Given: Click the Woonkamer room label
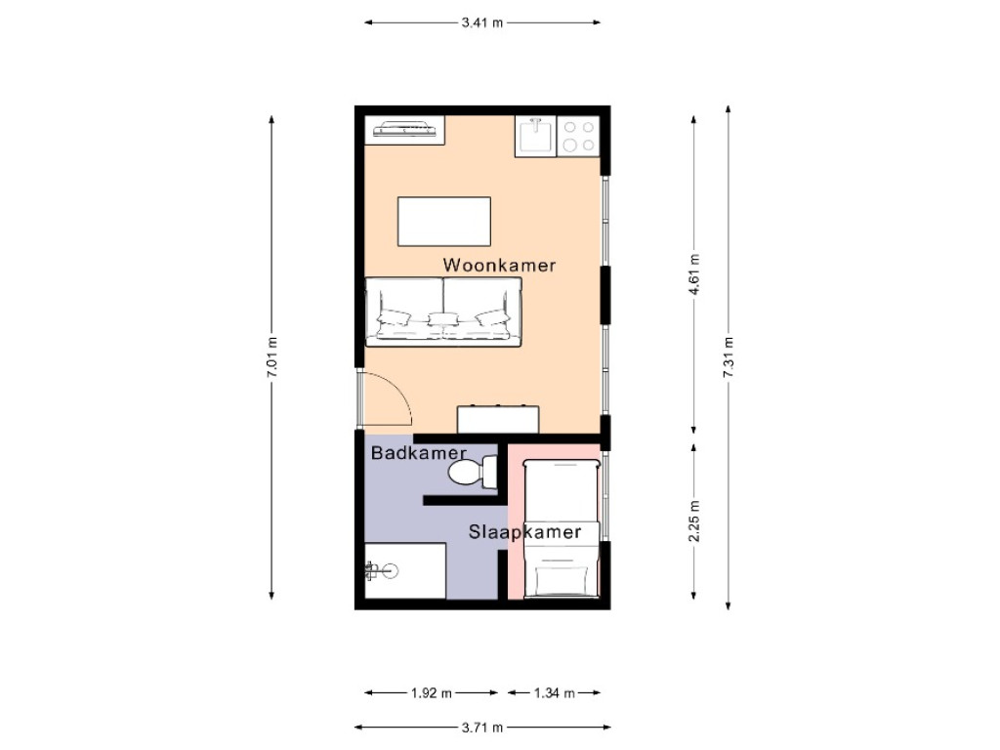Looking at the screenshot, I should point(499,265).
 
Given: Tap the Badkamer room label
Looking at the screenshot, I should point(419,454).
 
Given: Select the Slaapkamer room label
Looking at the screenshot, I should point(524,532).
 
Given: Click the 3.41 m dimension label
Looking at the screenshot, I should point(482,22).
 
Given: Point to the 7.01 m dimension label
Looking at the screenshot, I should point(271,357).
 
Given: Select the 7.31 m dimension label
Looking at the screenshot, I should point(729,357).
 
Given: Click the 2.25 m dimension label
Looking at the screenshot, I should point(693,521).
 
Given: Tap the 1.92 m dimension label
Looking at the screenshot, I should point(431,693).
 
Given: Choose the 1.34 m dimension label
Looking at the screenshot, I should point(554,693).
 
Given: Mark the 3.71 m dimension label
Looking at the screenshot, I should point(482,728).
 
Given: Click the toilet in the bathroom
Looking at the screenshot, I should point(472,474).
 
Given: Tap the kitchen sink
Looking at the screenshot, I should point(535,137).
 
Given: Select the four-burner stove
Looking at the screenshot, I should point(578,137).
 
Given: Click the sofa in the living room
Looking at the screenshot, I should point(443,312).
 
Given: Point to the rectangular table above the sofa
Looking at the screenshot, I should point(444,222).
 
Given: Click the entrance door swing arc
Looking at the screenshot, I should point(386,400).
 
